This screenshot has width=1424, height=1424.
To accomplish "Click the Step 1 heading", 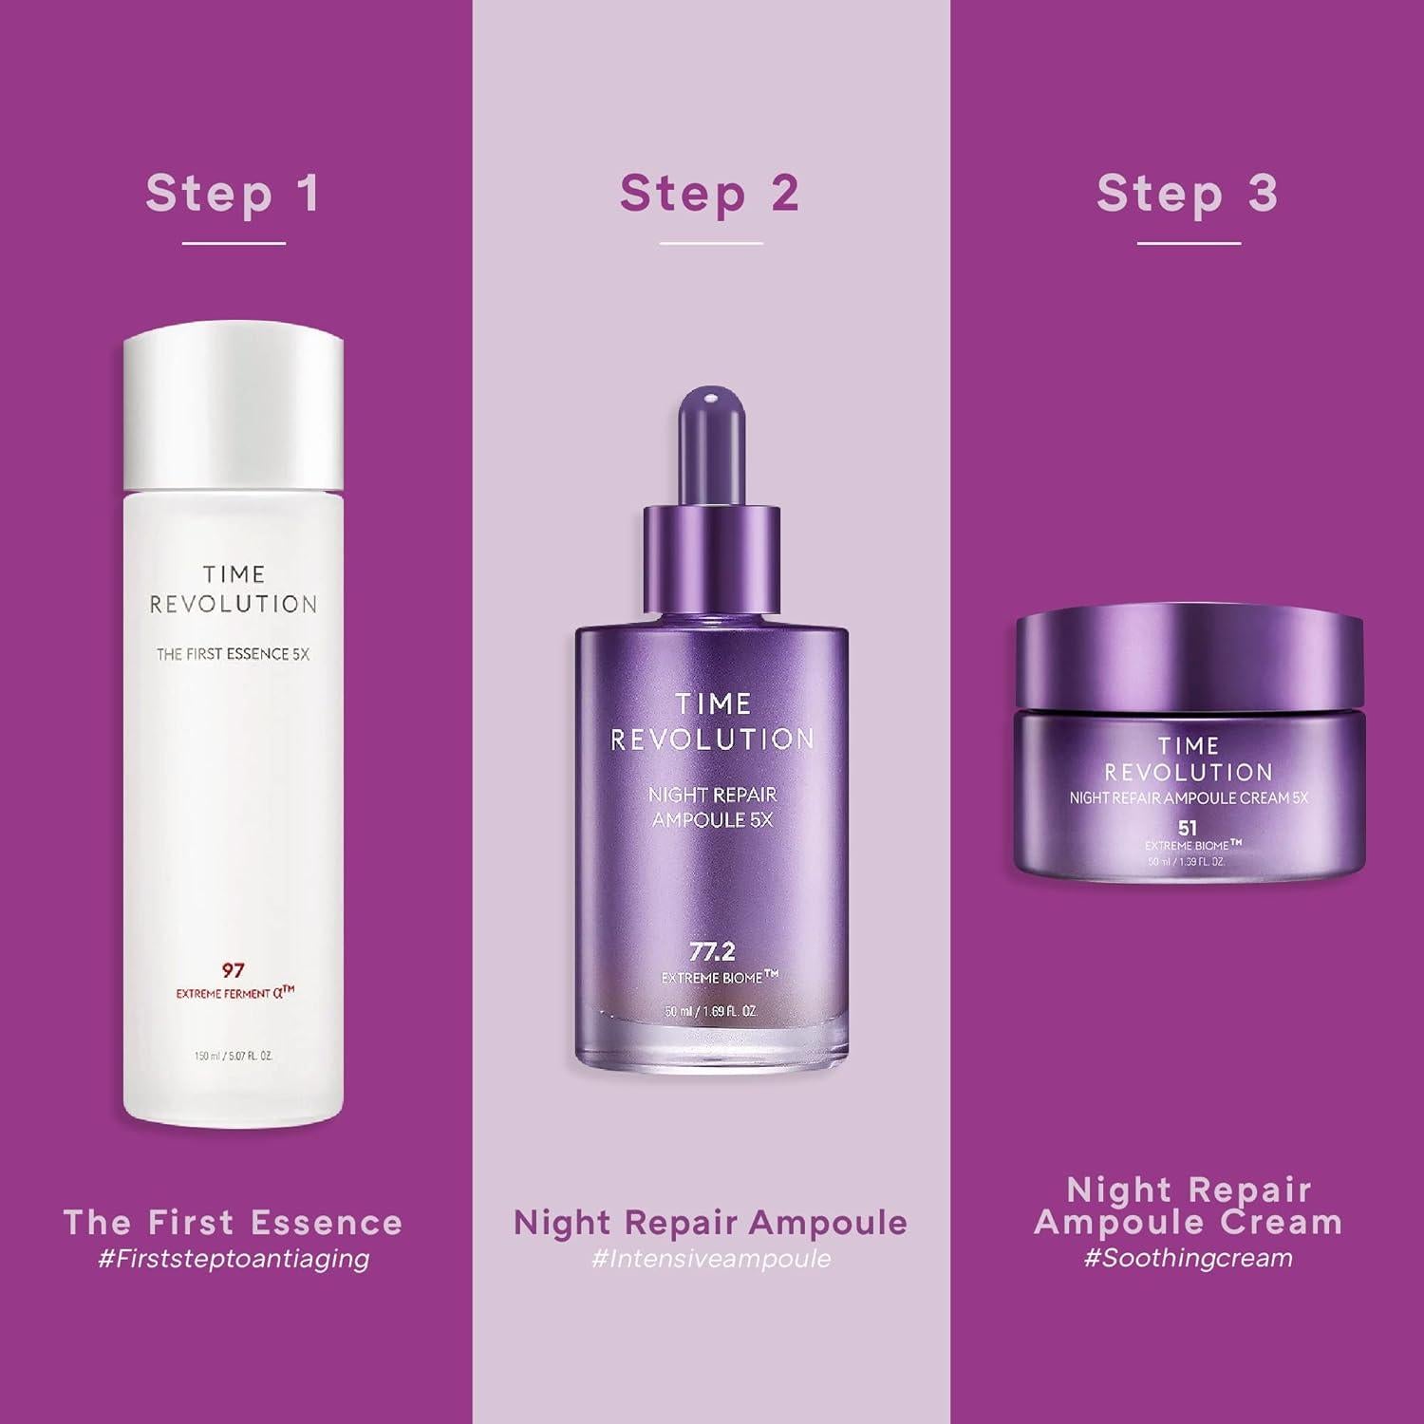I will (233, 194).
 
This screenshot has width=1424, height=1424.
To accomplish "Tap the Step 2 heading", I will (709, 194).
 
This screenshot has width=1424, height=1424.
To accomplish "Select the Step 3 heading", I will (1187, 194).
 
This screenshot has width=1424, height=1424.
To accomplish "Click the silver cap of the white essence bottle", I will (233, 408).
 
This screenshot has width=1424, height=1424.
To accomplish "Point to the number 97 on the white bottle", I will (233, 970).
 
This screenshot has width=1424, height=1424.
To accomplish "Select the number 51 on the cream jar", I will (1187, 828).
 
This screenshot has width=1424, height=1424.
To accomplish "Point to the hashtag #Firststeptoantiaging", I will (234, 1259).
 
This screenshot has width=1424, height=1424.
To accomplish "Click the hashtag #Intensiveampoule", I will (710, 1259).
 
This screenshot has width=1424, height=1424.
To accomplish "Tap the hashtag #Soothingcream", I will (1188, 1259).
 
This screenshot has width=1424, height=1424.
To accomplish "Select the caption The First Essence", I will (233, 1222).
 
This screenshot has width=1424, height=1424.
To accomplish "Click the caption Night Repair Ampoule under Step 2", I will (710, 1222).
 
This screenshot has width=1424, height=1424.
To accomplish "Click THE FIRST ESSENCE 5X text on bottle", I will (233, 654).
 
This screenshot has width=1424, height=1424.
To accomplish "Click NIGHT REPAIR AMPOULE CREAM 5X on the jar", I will (1188, 798).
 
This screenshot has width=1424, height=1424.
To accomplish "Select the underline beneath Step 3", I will (1189, 243).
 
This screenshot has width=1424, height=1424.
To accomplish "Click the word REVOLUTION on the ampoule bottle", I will (712, 740).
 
